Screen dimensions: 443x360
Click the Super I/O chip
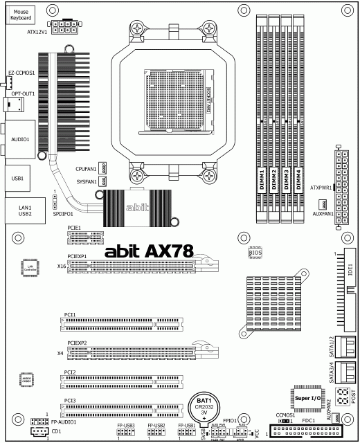(305, 399)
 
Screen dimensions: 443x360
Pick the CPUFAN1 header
(104, 168)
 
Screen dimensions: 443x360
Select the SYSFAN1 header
(104, 181)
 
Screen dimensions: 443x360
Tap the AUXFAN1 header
(322, 204)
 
